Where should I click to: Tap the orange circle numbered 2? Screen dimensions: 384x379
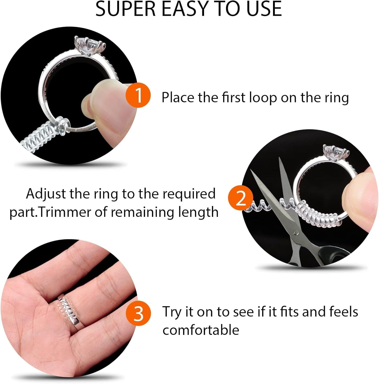(241, 199)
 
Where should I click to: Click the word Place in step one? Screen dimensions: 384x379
(178, 98)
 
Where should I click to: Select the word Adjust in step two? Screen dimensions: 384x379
(46, 194)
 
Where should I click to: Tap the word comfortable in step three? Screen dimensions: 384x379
(201, 330)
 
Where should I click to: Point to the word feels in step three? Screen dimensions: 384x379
(344, 312)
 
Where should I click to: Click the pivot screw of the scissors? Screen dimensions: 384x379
(296, 232)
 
